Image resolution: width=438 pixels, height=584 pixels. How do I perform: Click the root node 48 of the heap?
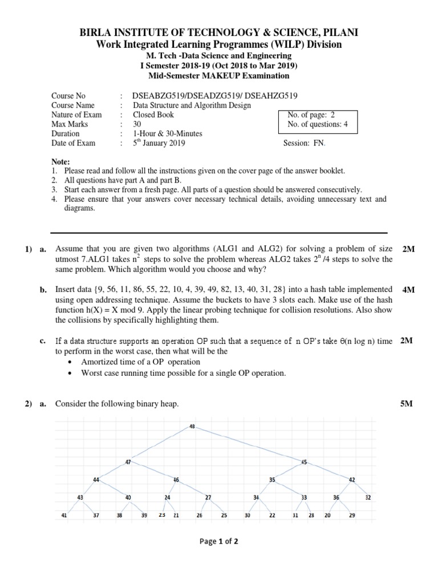coord(192,426)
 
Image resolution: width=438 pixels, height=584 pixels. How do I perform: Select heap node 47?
coord(128,461)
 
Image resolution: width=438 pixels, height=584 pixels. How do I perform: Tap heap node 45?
coord(304,462)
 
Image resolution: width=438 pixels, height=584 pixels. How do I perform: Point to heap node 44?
coord(96,480)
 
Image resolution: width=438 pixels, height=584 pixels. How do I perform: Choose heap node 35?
coord(272,480)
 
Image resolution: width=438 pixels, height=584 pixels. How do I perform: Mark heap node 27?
coord(208,497)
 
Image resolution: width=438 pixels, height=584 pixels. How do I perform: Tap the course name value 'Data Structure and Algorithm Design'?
coord(192,105)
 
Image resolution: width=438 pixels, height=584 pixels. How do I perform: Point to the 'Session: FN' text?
coord(304,144)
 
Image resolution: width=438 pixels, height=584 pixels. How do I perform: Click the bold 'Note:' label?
coord(60,162)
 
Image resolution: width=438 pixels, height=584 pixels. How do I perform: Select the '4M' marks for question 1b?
coord(408,290)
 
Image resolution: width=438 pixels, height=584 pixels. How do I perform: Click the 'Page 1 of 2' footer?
coord(219,542)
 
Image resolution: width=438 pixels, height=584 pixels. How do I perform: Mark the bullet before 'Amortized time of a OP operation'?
coord(69,362)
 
